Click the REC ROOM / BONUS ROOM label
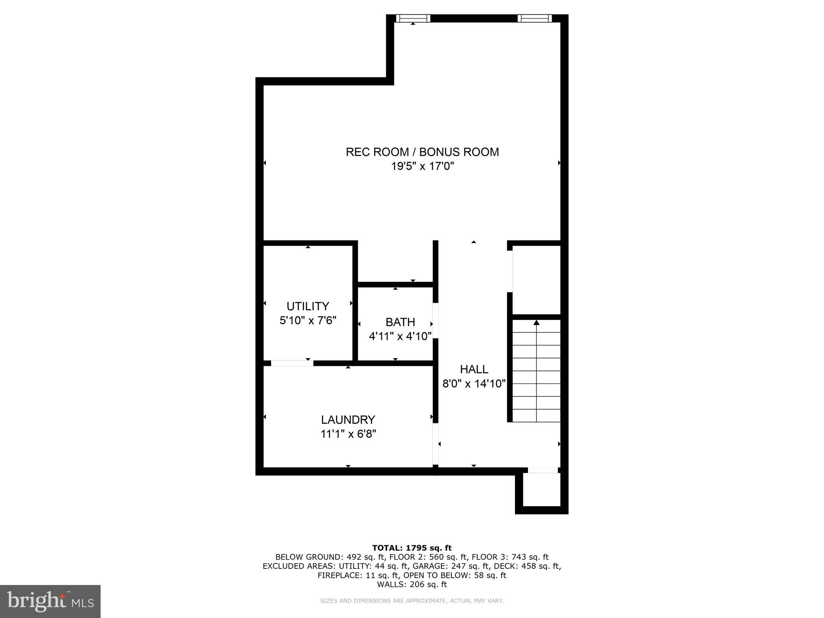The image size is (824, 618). (422, 152)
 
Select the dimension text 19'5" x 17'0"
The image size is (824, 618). (422, 166)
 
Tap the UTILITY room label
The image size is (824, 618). (308, 306)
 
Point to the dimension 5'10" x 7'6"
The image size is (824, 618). (308, 321)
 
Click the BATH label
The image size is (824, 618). (400, 322)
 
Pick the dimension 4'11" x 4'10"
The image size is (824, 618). (400, 336)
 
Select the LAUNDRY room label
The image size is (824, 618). (348, 420)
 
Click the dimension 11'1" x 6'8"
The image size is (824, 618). (348, 434)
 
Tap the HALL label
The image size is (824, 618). (474, 369)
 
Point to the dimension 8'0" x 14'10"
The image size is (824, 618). (474, 383)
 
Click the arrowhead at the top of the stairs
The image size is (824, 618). (536, 322)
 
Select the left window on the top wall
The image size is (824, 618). (413, 18)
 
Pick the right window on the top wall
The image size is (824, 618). (534, 18)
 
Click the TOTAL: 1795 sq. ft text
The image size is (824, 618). (412, 548)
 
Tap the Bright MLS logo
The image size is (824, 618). (50, 601)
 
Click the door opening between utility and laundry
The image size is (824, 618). (292, 363)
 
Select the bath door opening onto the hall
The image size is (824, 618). (435, 321)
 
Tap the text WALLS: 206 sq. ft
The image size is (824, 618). (412, 584)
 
